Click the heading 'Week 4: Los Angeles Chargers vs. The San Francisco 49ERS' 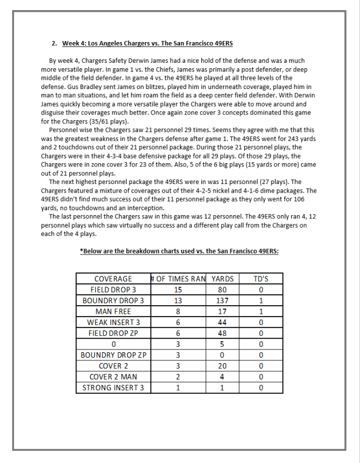pos(147,43)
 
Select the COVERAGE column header pos(113,278)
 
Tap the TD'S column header pos(261,278)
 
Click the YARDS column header pos(223,278)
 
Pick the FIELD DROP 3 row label pos(113,289)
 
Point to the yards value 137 pos(223,300)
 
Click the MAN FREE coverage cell pos(113,311)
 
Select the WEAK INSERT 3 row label pos(113,322)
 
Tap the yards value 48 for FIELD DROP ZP pos(223,333)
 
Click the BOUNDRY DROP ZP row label pos(113,355)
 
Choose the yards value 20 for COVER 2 pos(223,366)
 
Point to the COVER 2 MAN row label pos(113,377)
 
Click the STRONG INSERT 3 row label pos(113,388)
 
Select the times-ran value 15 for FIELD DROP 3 pos(178,289)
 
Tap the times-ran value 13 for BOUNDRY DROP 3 pos(178,300)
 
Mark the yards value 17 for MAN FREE pos(223,311)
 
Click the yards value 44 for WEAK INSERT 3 pos(223,322)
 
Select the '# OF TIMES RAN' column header pos(178,278)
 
